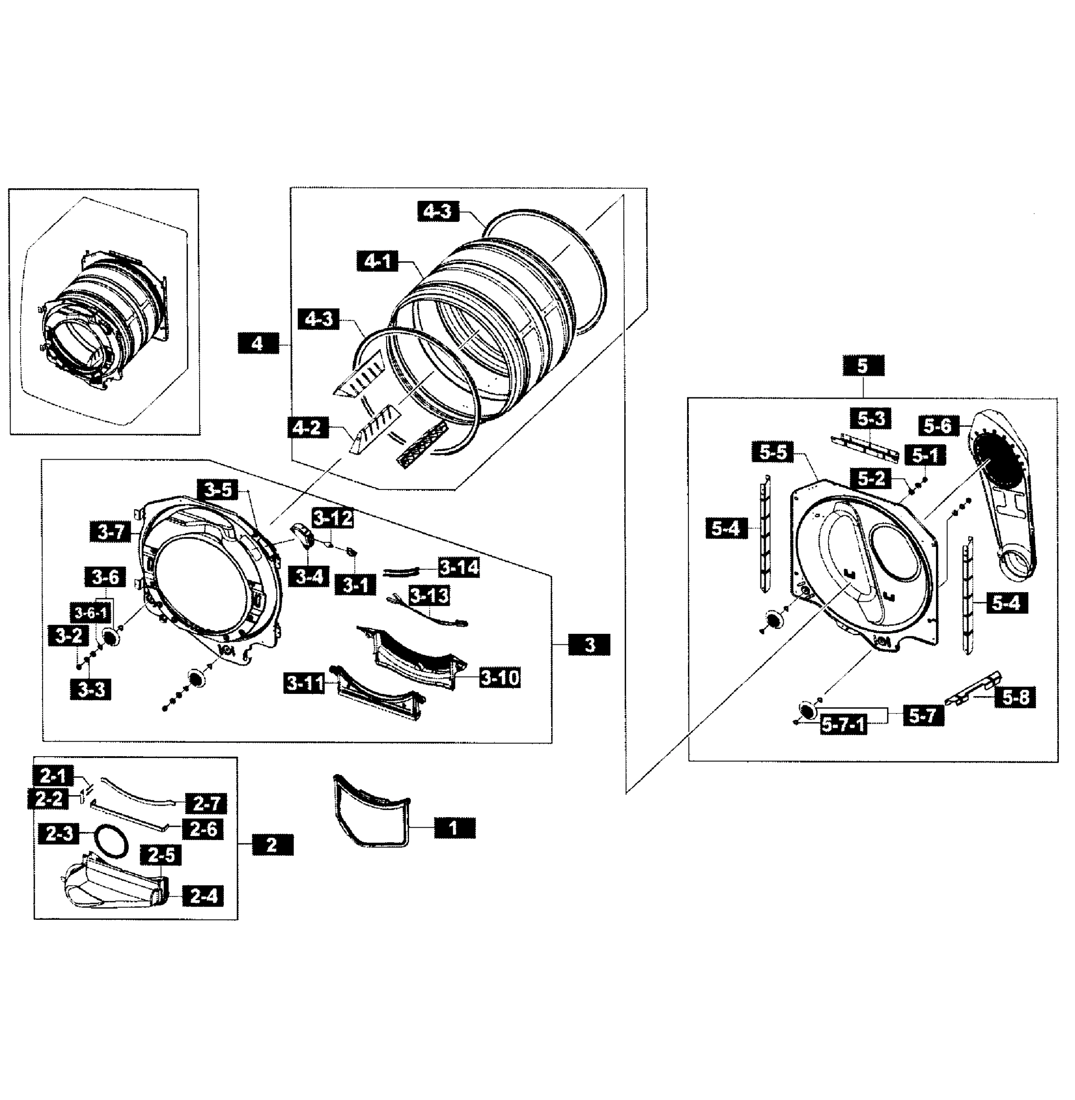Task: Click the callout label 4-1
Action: tap(377, 261)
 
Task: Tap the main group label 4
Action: tap(258, 343)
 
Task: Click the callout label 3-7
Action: tap(111, 532)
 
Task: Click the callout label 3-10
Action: tap(500, 677)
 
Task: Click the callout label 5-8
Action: tap(1015, 698)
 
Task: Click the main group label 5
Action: tap(863, 366)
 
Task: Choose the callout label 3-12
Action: tap(333, 517)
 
